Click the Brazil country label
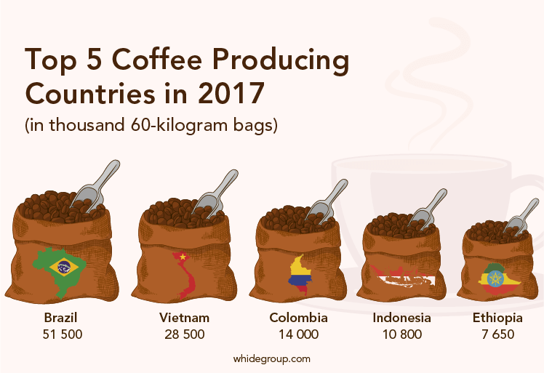pos(60,318)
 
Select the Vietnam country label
pos(184,318)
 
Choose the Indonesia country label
pos(401,318)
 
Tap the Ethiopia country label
pos(497,318)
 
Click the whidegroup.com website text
pos(272,358)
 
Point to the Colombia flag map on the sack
pos(300,273)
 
